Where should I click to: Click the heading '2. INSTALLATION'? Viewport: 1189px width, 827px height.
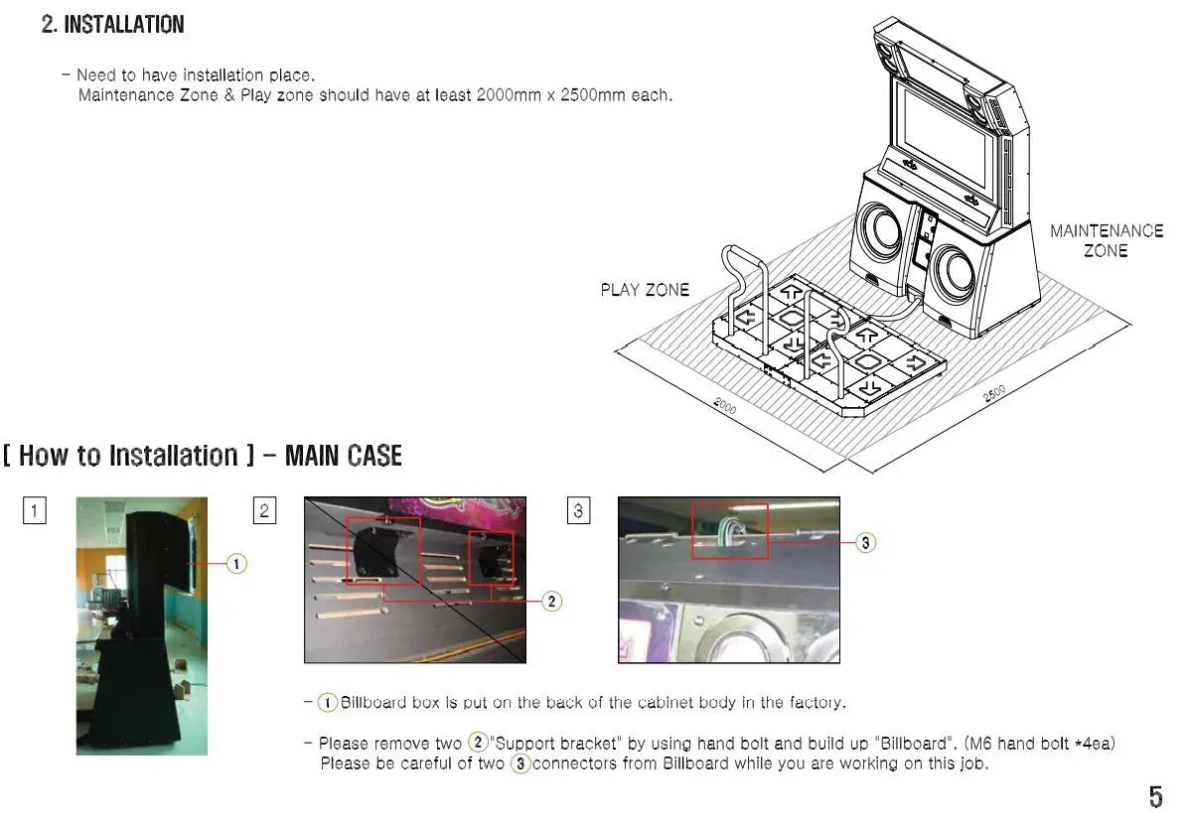(x=112, y=25)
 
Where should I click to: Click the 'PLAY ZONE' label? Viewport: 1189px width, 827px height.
(x=644, y=290)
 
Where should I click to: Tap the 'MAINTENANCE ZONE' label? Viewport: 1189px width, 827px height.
(x=1106, y=240)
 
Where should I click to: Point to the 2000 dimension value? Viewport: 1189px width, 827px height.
(x=724, y=405)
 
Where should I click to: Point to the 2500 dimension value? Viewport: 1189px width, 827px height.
(x=994, y=393)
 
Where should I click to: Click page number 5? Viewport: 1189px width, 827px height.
(x=1155, y=796)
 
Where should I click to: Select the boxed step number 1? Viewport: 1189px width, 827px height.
(x=35, y=511)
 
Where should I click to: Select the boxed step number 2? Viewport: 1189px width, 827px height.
(x=264, y=511)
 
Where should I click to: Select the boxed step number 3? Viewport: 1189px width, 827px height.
(x=578, y=511)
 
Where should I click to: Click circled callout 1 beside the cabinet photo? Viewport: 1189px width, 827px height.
(x=236, y=564)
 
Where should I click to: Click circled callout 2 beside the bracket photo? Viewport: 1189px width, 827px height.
(x=552, y=601)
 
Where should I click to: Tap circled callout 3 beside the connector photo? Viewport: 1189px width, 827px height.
(x=865, y=542)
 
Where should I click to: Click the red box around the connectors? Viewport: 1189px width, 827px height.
(x=730, y=530)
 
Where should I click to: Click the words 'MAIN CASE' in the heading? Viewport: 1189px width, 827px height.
(x=343, y=456)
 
